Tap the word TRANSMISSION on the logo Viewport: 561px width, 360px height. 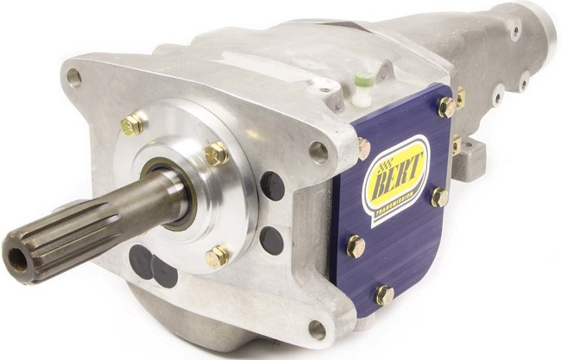[394, 204]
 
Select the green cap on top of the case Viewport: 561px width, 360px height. [365, 78]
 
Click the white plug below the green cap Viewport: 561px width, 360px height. [361, 99]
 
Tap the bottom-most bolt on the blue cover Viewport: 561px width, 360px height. [385, 295]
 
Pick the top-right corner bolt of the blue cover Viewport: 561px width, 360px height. [446, 107]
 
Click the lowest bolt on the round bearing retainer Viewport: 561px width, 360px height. [217, 256]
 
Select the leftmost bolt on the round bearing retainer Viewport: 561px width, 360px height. [132, 124]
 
